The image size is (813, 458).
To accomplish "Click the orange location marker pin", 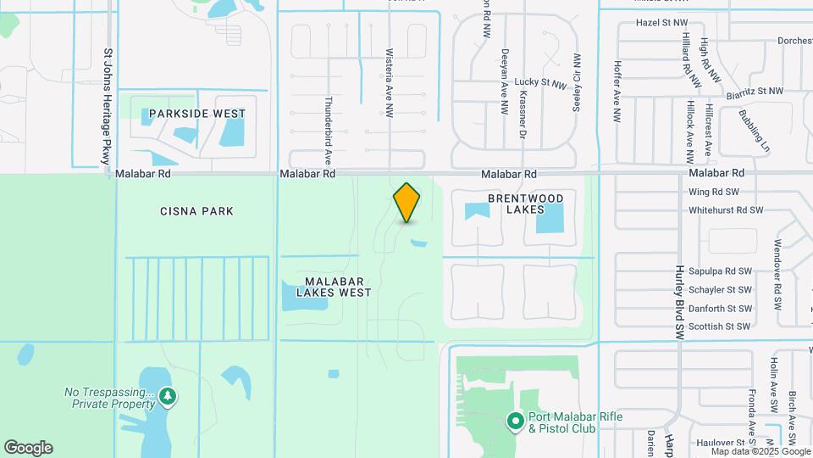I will tap(407, 203).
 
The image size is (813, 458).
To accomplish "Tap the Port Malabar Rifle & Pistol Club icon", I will tap(514, 421).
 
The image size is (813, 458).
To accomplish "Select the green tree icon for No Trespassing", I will tap(169, 396).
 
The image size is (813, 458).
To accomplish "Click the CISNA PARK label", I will tap(196, 211).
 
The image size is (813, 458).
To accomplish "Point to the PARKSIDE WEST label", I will tap(197, 114).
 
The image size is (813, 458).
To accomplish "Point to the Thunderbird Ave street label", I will tap(328, 130).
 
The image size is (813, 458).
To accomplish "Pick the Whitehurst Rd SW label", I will tap(726, 209).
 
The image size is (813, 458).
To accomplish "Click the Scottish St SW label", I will tap(719, 327).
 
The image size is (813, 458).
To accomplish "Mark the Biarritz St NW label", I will tap(756, 90).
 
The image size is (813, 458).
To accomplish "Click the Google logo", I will tap(28, 448).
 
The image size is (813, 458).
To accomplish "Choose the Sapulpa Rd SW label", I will tap(720, 271).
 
